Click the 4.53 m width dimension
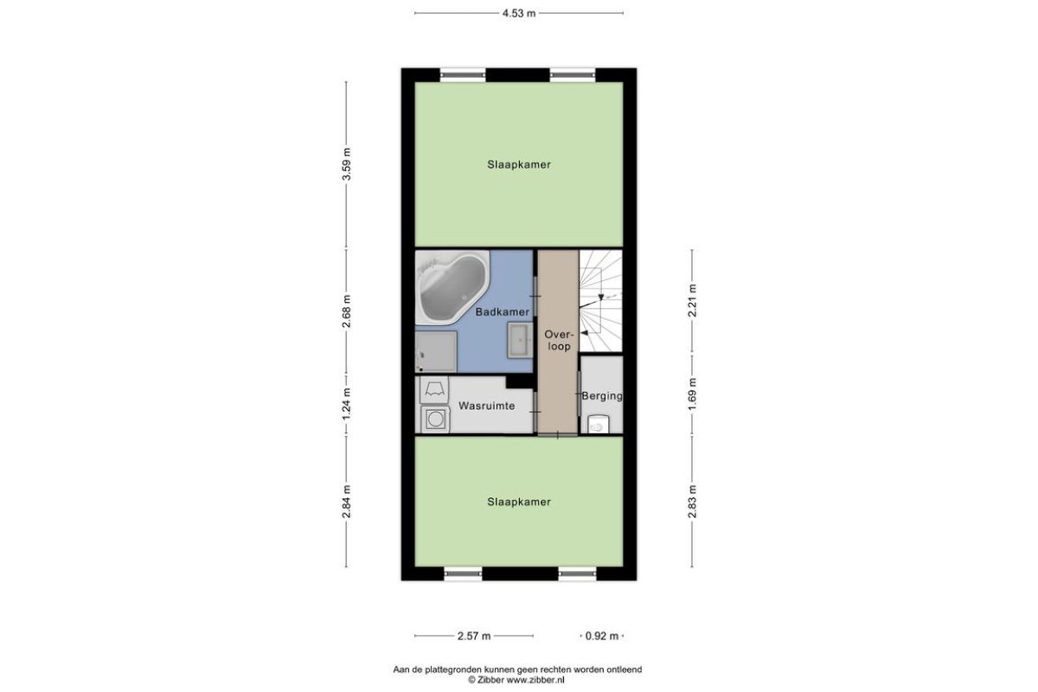pos(519,14)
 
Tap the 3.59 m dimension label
pos(347,164)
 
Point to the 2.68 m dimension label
pos(347,311)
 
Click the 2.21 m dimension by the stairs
pos(692,300)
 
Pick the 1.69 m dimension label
pos(692,394)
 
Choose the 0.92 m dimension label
pos(601,636)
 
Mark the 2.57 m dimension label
pos(474,636)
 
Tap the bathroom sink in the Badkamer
pos(520,341)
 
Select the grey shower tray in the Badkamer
pos(436,351)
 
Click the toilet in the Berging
pos(599,424)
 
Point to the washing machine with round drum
pos(435,420)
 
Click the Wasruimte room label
pos(486,406)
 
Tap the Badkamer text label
pos(503,312)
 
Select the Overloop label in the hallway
pos(559,341)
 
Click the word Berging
pos(602,396)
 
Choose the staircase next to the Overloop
pos(600,301)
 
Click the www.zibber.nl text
pos(535,680)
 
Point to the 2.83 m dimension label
pos(692,502)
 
